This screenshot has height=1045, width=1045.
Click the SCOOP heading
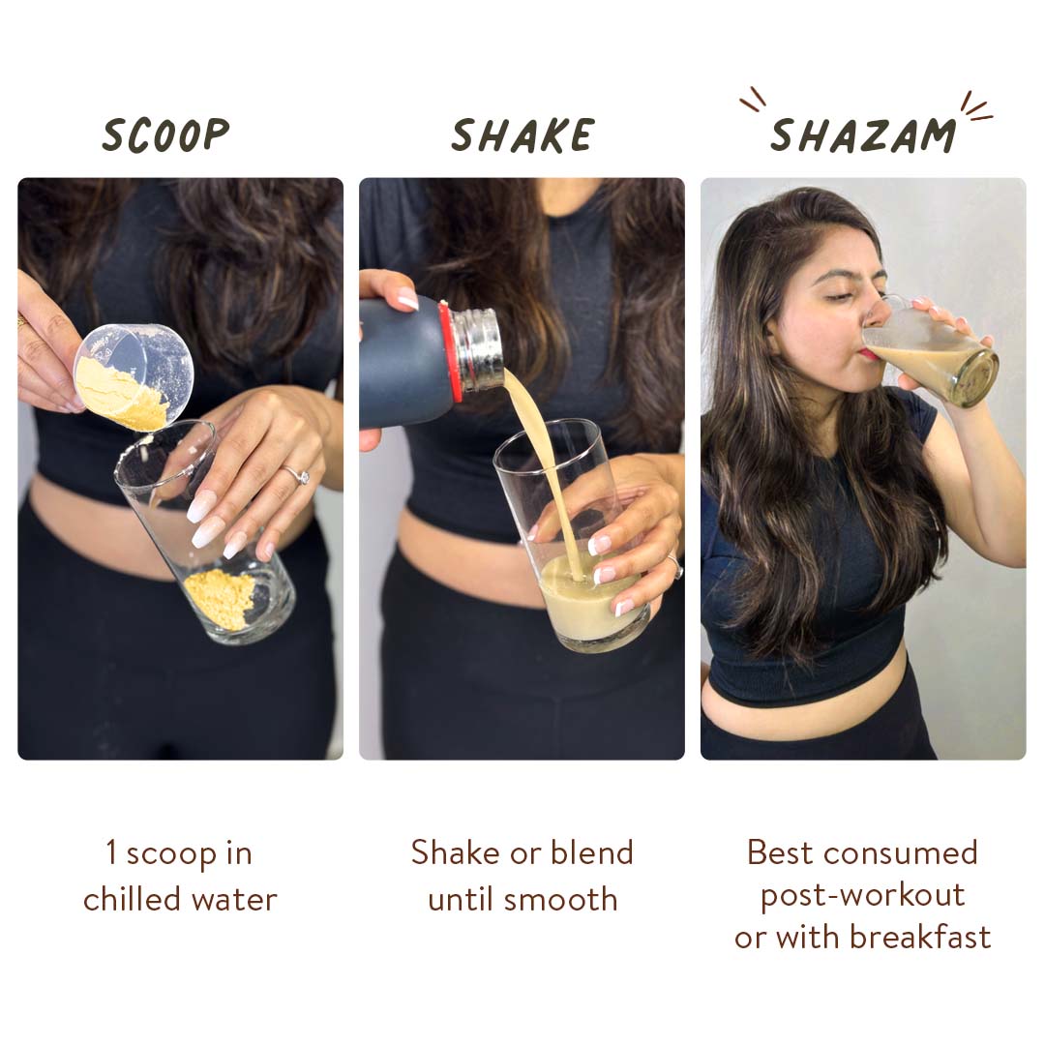(165, 135)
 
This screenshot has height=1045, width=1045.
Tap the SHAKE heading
(522, 135)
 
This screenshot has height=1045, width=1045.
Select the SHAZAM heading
(863, 135)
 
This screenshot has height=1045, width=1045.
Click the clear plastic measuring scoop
(134, 375)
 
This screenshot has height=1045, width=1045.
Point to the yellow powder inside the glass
(219, 600)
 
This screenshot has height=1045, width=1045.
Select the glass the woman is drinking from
(930, 351)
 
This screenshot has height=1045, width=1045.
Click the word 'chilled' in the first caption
(133, 899)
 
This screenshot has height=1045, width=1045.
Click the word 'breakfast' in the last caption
(920, 937)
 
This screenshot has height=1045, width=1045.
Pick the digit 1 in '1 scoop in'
(111, 852)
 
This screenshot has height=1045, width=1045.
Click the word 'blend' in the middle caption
(592, 852)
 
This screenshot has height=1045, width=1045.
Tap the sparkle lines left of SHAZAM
(753, 100)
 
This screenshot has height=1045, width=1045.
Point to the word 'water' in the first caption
(234, 900)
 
